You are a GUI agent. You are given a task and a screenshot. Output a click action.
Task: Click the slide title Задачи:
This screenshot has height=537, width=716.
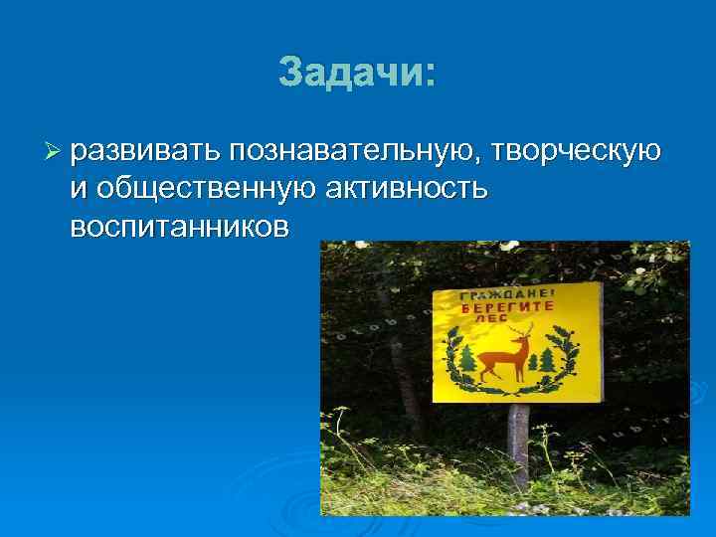pyautogui.click(x=356, y=71)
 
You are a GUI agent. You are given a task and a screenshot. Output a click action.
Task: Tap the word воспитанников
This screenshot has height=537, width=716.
pyautogui.click(x=180, y=227)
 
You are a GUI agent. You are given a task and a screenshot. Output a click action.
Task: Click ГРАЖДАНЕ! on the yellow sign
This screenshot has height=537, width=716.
pyautogui.click(x=504, y=295)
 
